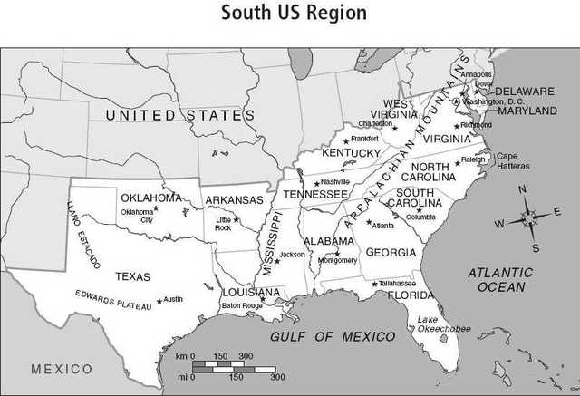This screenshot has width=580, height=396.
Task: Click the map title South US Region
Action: coord(295,13)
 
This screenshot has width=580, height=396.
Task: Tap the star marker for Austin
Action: coord(159,301)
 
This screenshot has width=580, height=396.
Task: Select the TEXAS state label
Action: coord(132,276)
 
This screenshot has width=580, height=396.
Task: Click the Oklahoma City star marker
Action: coord(156,208)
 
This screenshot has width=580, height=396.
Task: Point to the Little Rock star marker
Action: coord(236,219)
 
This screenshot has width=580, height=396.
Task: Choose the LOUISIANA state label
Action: coord(251,293)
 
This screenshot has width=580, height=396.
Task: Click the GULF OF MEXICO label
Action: coord(333,336)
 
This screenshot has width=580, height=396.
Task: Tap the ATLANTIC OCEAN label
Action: coord(501,279)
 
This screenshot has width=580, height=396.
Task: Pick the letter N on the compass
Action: coord(522,189)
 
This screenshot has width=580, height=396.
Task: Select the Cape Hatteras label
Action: coord(513,161)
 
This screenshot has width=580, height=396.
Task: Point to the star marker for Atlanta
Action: coord(369,221)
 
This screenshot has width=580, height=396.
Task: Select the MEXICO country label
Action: coord(62,369)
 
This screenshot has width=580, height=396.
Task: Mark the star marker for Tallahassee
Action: coord(374,283)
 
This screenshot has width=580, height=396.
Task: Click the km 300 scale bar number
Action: coord(245,356)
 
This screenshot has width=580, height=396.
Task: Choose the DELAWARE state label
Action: coord(523,92)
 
